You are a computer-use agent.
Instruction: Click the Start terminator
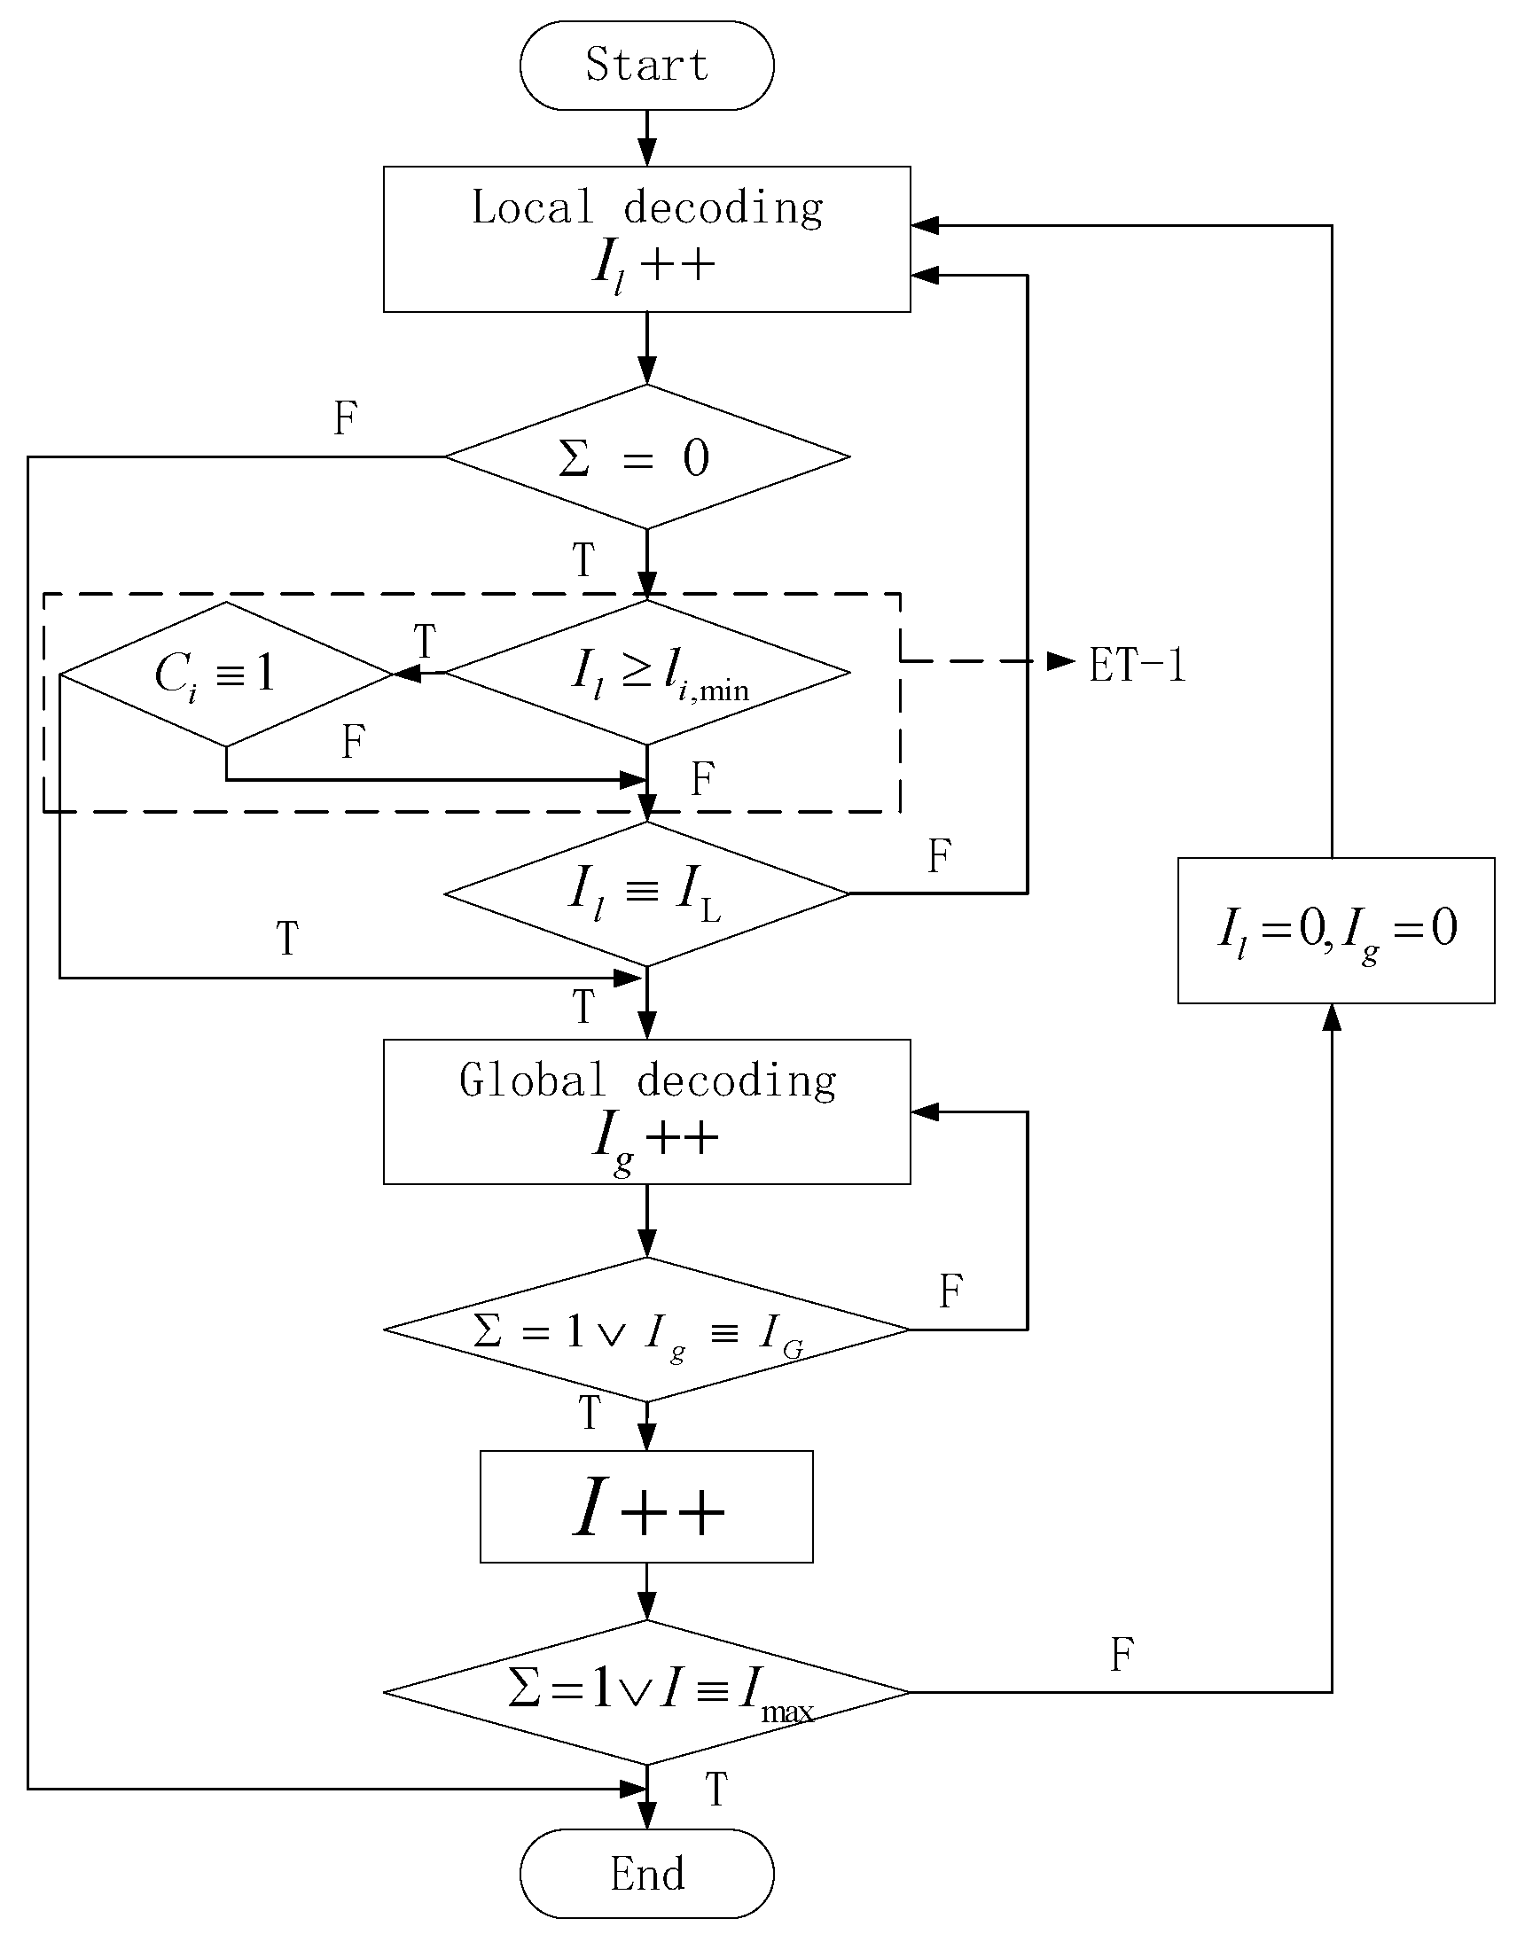pyautogui.click(x=646, y=66)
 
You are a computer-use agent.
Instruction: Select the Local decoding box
pyautogui.click(x=646, y=238)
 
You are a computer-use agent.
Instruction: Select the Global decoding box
pyautogui.click(x=646, y=1111)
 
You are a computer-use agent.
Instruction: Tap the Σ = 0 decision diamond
pyautogui.click(x=646, y=457)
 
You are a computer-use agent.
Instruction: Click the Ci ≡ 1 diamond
pyautogui.click(x=226, y=674)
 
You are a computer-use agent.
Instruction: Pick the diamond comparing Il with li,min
pyautogui.click(x=646, y=673)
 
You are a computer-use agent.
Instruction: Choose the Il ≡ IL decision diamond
pyautogui.click(x=646, y=893)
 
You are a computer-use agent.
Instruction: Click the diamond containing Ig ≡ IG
pyautogui.click(x=646, y=1330)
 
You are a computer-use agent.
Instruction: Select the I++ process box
pyautogui.click(x=646, y=1506)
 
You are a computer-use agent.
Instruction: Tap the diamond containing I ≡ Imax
pyautogui.click(x=646, y=1692)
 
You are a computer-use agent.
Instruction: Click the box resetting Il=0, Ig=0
pyautogui.click(x=1335, y=930)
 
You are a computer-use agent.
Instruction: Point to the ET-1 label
pyautogui.click(x=1138, y=665)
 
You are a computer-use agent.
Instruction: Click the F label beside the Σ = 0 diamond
pyautogui.click(x=345, y=418)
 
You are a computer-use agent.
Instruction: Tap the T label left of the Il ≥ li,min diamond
pyautogui.click(x=425, y=640)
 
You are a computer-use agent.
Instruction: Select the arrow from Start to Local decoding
pyautogui.click(x=646, y=138)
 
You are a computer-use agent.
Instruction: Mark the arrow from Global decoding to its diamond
pyautogui.click(x=646, y=1220)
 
